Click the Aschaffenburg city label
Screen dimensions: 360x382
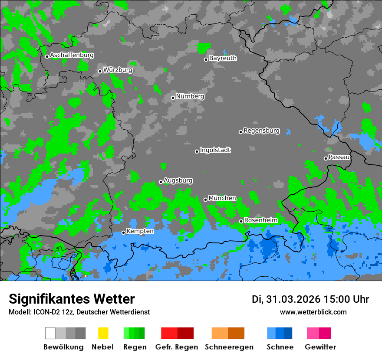pos(72,55)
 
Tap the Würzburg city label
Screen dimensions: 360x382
pos(118,70)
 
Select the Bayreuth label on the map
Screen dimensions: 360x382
pos(223,58)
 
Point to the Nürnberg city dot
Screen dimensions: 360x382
pos(173,98)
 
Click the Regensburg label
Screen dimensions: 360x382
pos(261,131)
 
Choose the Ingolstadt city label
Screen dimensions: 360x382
pos(215,150)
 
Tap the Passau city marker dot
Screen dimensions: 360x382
pos(326,158)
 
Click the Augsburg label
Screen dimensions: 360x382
pos(178,180)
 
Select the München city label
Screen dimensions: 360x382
pos(222,198)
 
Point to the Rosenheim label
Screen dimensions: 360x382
pos(260,220)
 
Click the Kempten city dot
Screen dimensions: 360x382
pos(123,232)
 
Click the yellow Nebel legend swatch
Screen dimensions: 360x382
pos(103,333)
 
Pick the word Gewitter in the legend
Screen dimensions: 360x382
pos(320,347)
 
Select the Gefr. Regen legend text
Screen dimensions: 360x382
pos(176,347)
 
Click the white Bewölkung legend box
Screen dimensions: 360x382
pos(50,333)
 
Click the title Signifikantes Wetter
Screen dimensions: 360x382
pos(72,299)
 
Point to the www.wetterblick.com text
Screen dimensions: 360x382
pos(313,312)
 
